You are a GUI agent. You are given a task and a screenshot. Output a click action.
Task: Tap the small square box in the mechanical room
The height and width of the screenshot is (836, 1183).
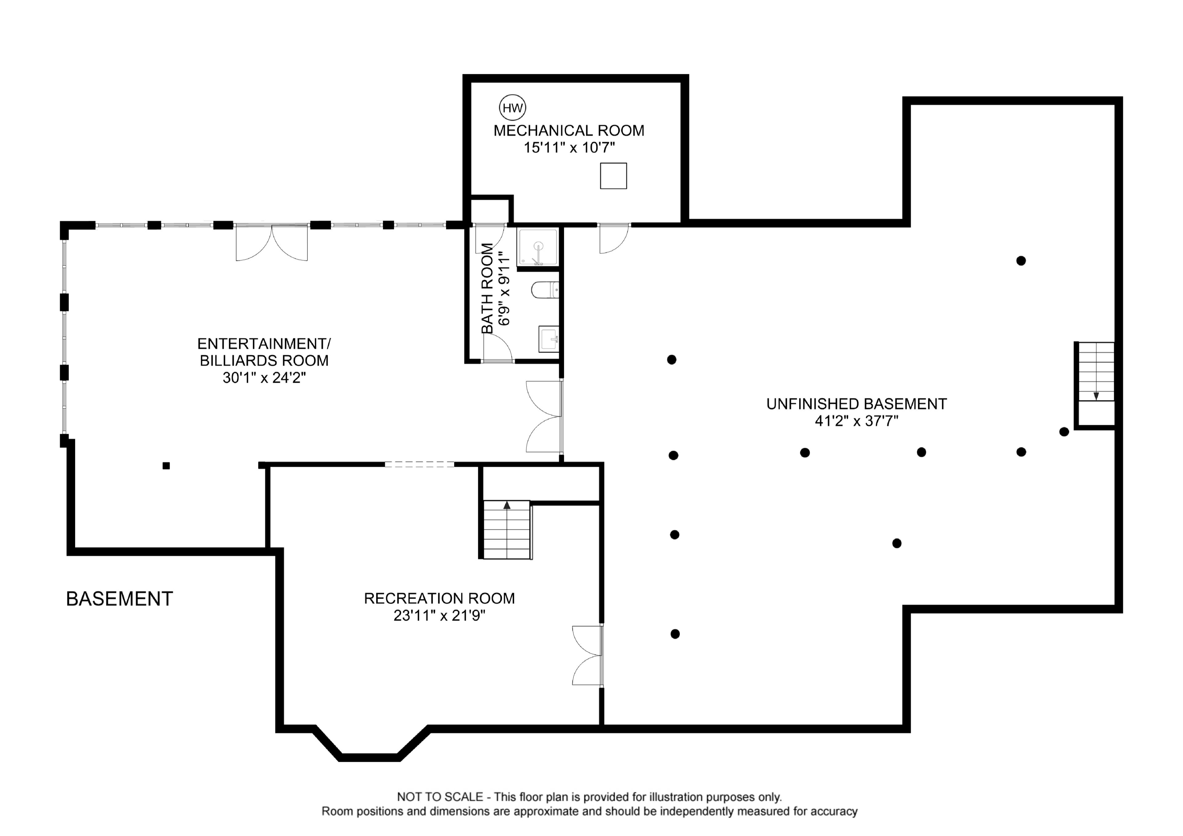pyautogui.click(x=613, y=176)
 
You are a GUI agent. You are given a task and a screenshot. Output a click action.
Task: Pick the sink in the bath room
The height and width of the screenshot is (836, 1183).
pyautogui.click(x=548, y=339)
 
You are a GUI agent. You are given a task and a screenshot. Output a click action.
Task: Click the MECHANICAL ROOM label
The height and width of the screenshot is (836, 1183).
pyautogui.click(x=569, y=131)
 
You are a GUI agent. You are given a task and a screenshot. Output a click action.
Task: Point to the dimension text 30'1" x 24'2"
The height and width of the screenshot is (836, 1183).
pyautogui.click(x=264, y=378)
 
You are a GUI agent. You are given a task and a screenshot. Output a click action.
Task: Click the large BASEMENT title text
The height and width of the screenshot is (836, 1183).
pyautogui.click(x=120, y=599)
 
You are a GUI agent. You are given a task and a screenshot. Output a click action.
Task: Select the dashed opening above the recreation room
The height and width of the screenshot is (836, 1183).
pyautogui.click(x=419, y=465)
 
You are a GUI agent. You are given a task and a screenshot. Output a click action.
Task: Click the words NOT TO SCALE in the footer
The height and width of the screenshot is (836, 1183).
pyautogui.click(x=440, y=797)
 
